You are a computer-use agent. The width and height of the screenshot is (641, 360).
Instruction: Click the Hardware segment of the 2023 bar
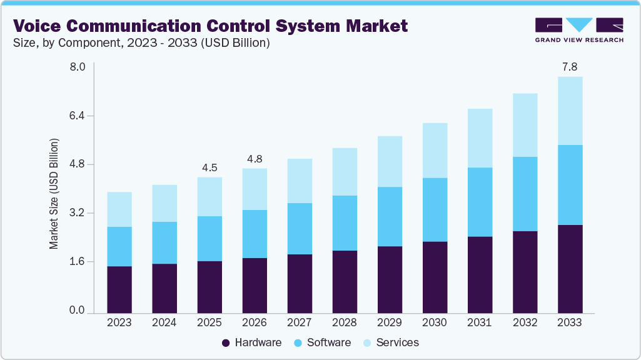[x=119, y=289]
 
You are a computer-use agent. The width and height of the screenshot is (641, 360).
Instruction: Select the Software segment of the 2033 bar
[x=570, y=185]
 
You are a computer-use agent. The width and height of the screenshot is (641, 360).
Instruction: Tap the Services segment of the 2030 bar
[x=435, y=151]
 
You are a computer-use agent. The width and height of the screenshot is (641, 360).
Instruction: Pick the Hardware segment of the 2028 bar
[x=345, y=281]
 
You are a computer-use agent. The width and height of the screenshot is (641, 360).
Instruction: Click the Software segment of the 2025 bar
[x=209, y=239]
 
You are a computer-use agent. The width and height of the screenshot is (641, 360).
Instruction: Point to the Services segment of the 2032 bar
[x=525, y=125]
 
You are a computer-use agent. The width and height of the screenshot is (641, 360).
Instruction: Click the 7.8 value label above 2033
[x=570, y=66]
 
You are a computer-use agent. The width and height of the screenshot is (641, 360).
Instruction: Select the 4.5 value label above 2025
[x=209, y=167]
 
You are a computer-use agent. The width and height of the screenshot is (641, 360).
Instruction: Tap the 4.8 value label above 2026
[x=255, y=159]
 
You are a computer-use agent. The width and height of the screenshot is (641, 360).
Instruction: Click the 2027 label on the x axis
[x=300, y=323]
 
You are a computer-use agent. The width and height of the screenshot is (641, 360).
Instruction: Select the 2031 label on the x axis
[x=480, y=323]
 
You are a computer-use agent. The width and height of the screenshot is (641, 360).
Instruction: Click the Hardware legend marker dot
[x=226, y=343]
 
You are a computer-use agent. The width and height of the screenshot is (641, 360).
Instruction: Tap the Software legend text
[x=329, y=343]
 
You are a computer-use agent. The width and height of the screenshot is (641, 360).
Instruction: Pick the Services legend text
[x=398, y=343]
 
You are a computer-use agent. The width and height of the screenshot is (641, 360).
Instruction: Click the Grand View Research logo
[x=579, y=30]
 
